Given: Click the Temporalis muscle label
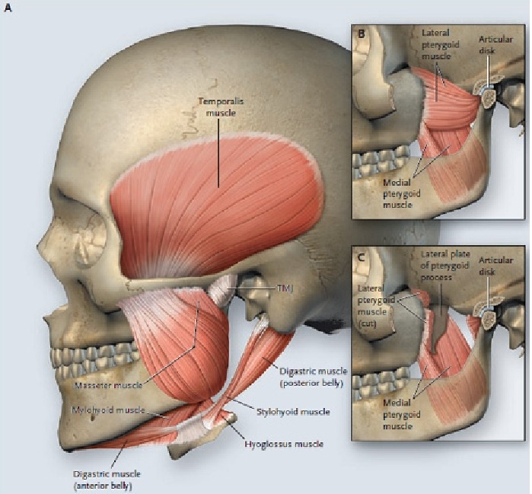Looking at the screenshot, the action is tap(221, 107).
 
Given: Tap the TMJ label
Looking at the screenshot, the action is tap(285, 288).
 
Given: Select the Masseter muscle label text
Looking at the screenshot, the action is tap(109, 385).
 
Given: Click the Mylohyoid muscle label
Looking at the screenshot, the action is tap(108, 410).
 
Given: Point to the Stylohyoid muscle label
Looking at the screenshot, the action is tap(293, 412).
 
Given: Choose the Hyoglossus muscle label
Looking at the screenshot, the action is tap(284, 444).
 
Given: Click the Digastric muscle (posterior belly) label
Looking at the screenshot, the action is tap(313, 377).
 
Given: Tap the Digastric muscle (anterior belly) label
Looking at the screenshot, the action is tap(107, 480).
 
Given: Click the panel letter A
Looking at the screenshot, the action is tap(8, 8).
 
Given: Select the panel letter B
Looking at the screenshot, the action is tap(362, 34).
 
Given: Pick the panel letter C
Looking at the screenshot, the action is tap(362, 257).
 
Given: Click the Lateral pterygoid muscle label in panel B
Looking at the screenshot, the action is tap(441, 44).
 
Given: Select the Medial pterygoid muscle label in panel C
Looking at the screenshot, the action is tap(402, 414).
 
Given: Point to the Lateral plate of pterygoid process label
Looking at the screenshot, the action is tap(445, 266).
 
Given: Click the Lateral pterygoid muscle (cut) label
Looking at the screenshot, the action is tap(376, 306).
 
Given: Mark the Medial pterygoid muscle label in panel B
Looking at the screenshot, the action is tap(402, 193).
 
